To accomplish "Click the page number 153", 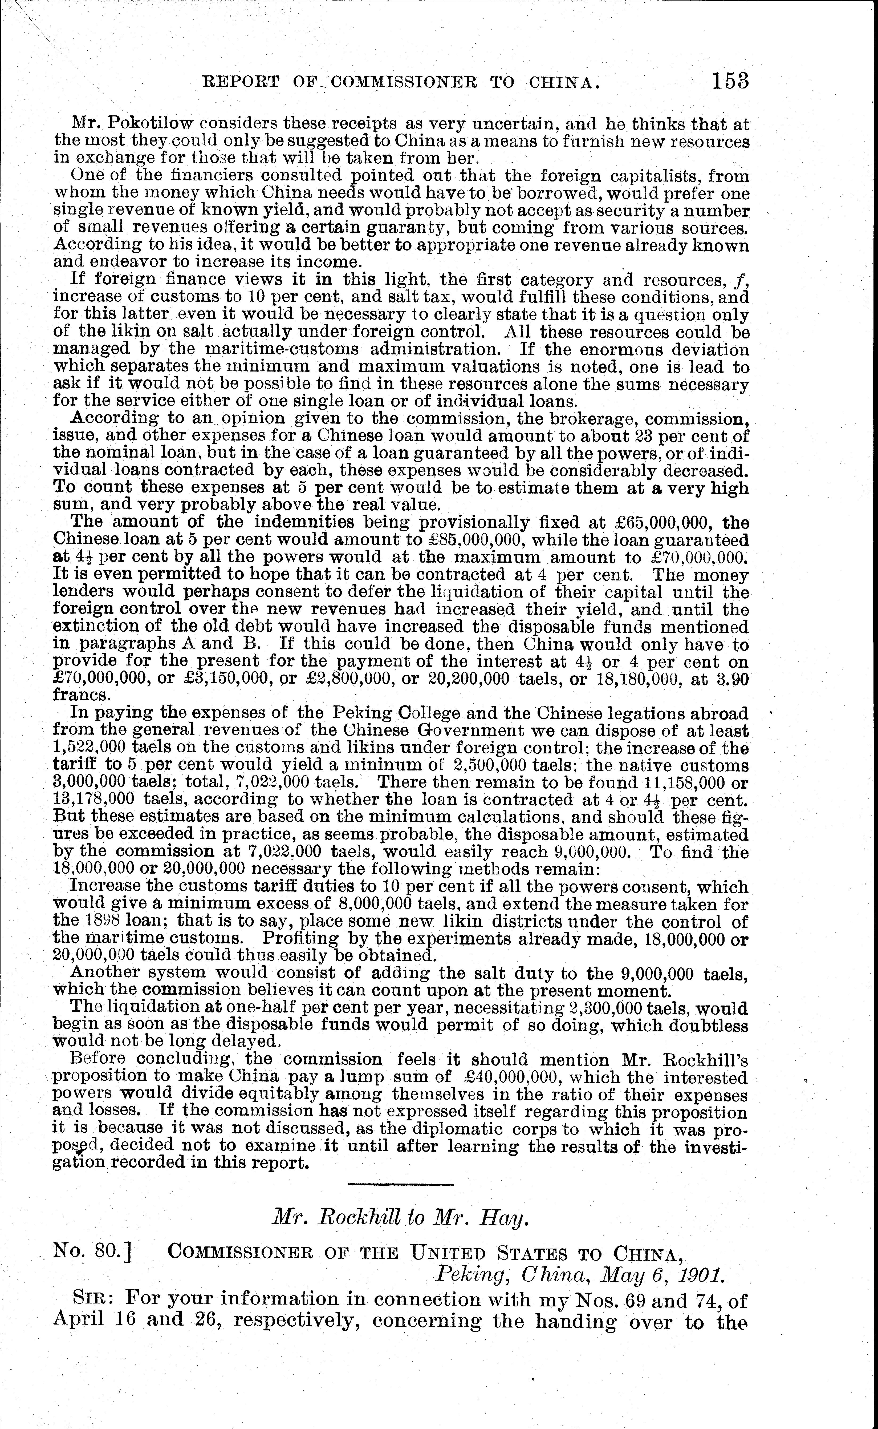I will (730, 81).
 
